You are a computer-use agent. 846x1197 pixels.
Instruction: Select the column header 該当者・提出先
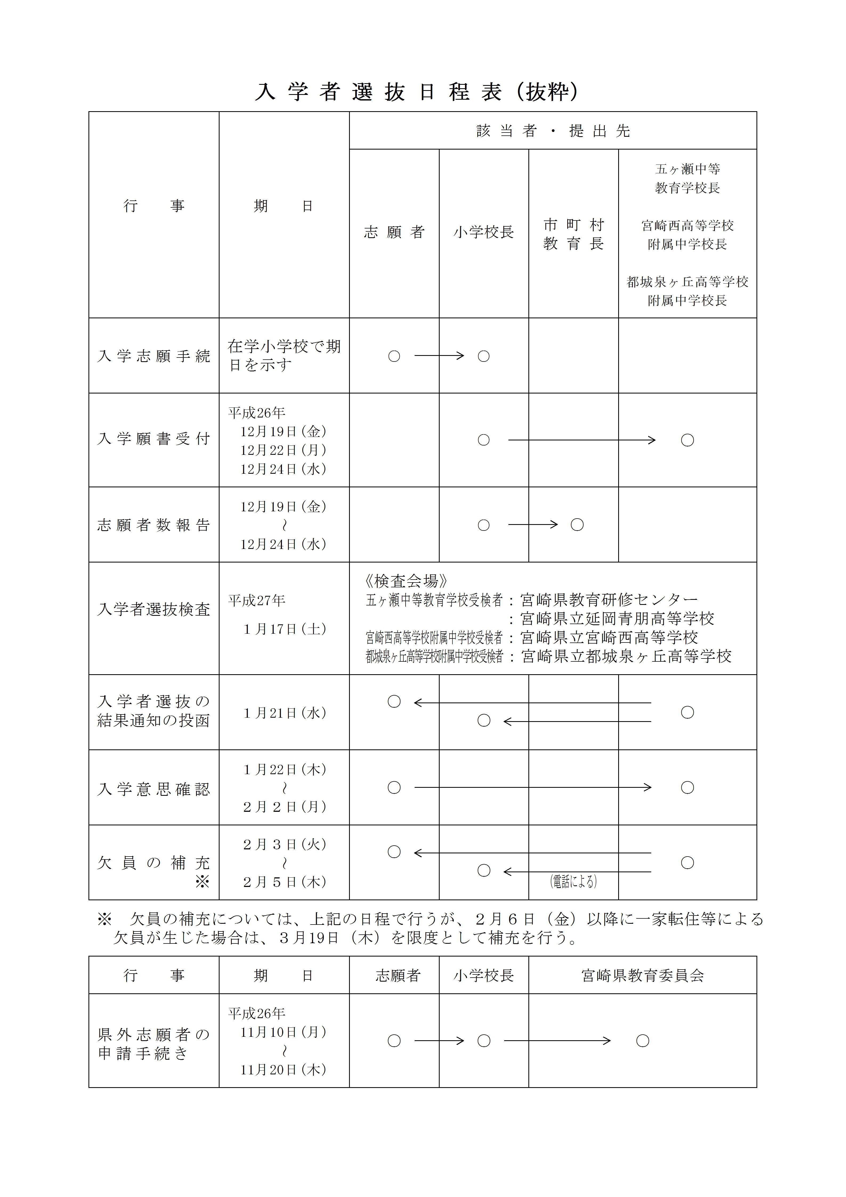pos(553,131)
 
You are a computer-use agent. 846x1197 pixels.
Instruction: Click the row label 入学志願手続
pos(154,356)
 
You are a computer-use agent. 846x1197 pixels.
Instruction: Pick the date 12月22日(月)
pos(284,450)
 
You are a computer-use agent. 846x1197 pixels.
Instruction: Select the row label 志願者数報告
pos(154,525)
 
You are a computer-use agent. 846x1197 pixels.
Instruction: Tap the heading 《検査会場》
pos(406,581)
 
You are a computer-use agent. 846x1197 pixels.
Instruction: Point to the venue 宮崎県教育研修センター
pos(608,600)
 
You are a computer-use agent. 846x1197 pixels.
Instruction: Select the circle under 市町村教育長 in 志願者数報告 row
pos(577,525)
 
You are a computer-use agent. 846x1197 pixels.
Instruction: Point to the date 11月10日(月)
pos(284,1032)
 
